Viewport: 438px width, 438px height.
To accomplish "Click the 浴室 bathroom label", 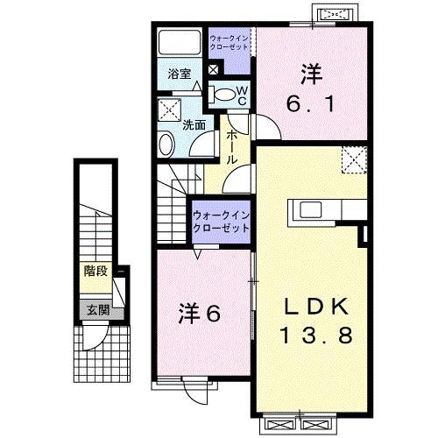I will (180, 75).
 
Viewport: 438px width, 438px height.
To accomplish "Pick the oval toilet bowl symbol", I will (224, 94).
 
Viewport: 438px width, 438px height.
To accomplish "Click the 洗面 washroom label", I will (194, 124).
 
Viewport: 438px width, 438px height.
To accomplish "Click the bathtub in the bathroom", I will (180, 45).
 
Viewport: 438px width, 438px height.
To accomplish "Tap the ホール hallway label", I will (233, 148).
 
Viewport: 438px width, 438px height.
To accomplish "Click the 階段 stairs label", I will (95, 271).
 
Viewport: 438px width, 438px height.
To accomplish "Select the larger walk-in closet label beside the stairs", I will (221, 220).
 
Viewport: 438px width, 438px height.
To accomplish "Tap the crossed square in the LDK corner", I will (353, 160).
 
